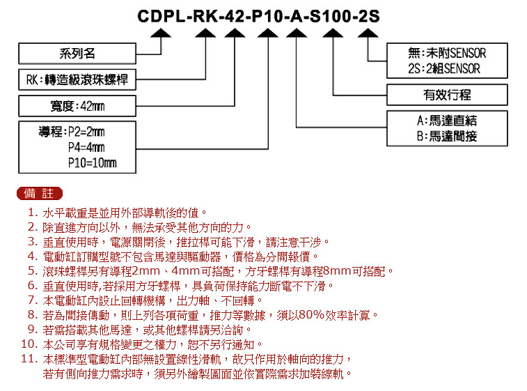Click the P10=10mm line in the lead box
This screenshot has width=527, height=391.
pyautogui.click(x=93, y=163)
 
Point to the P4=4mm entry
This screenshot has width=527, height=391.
pyautogui.click(x=86, y=147)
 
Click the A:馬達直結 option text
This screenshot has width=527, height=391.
pyautogui.click(x=447, y=121)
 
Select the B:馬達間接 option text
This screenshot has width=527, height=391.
pyautogui.click(x=447, y=137)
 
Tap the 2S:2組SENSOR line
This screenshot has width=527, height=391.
pyautogui.click(x=444, y=69)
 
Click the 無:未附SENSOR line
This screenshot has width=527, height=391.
pyautogui.click(x=447, y=53)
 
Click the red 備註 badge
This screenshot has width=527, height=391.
pyautogui.click(x=40, y=194)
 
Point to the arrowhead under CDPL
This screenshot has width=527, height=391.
pyautogui.click(x=161, y=33)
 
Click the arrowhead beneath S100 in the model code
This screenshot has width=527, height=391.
pyautogui.click(x=333, y=33)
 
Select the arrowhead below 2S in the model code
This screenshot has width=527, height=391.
pyautogui.click(x=368, y=33)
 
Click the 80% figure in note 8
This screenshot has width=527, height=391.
pyautogui.click(x=311, y=315)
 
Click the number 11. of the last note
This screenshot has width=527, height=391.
pyautogui.click(x=29, y=359)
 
